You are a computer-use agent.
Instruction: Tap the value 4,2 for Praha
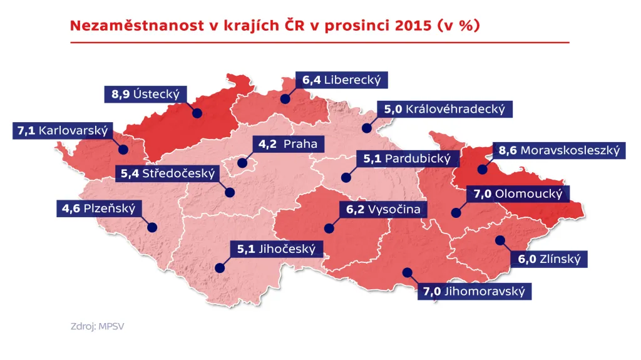267,145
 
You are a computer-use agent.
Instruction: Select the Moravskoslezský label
558,150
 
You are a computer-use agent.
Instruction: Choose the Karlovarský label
61,131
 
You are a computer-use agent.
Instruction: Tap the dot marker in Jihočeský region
219,267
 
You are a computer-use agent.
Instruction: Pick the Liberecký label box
342,80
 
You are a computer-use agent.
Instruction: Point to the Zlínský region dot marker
500,240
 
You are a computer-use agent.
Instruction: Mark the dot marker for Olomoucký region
456,213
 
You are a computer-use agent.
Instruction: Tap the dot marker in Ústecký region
197,113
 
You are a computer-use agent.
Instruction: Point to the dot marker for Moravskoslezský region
482,169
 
